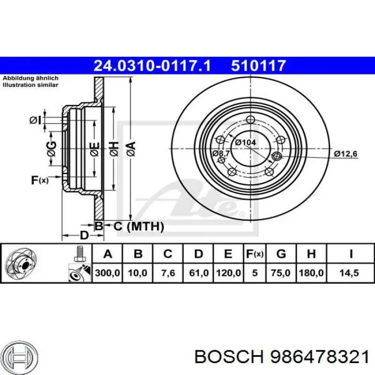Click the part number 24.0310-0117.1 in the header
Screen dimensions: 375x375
[x=153, y=66]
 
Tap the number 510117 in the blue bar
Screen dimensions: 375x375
[x=258, y=66]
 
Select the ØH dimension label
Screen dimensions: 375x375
[x=114, y=147]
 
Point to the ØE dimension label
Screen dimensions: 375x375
[x=94, y=148]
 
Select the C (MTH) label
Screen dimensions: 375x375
[x=138, y=227]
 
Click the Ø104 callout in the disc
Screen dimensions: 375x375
[x=245, y=142]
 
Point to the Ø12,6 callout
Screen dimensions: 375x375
[x=346, y=154]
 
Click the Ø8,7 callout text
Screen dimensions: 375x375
[x=221, y=154]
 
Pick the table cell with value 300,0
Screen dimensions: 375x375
[x=108, y=273]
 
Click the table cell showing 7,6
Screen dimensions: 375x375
[x=168, y=273]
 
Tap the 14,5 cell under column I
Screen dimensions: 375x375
[x=351, y=273]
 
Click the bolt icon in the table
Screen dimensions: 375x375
[x=79, y=253]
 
